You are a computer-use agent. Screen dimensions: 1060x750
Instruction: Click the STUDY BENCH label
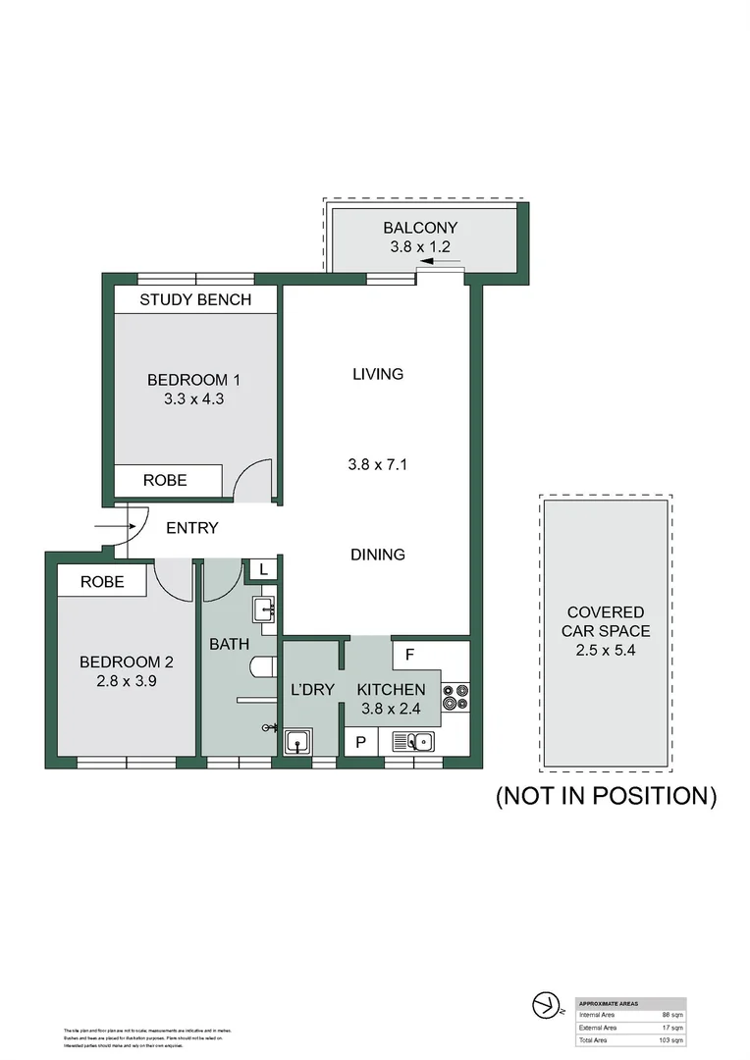click(195, 299)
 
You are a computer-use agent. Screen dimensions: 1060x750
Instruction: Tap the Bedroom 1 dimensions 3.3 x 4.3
click(194, 398)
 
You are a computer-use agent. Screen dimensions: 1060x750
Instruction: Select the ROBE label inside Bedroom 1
click(165, 481)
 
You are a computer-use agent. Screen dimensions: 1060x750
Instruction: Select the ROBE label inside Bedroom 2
click(102, 581)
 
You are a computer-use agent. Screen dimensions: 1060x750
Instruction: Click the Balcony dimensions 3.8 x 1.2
click(420, 247)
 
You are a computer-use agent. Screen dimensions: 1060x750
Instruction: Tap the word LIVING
click(378, 374)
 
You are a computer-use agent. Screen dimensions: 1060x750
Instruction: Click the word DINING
click(378, 555)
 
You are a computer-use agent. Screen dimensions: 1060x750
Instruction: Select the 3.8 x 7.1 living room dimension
click(378, 464)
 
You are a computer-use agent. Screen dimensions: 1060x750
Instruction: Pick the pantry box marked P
click(360, 742)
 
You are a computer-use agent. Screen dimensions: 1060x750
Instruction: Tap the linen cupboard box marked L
click(264, 568)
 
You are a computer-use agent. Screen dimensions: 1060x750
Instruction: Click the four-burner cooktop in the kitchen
click(455, 696)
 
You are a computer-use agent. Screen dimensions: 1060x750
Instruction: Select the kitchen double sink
click(413, 742)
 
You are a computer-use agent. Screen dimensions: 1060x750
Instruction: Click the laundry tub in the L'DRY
click(297, 742)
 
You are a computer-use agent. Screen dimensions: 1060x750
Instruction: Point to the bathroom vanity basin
click(265, 610)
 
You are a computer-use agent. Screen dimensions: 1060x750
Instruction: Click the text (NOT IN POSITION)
click(606, 795)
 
